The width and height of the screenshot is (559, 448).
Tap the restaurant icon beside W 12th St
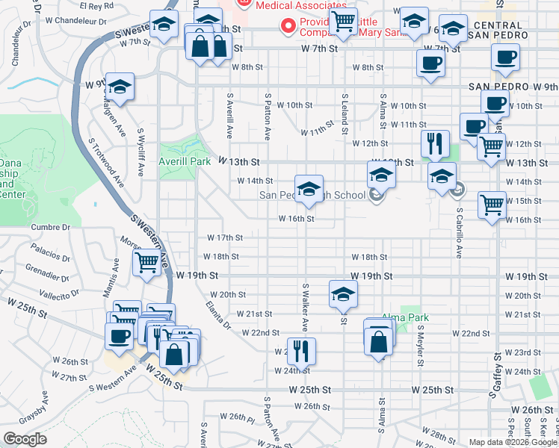[434, 143]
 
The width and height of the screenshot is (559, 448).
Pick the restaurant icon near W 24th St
[301, 350]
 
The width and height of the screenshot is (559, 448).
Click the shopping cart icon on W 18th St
[146, 263]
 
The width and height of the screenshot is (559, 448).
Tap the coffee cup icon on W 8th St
[430, 63]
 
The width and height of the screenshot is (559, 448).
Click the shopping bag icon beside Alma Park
[379, 341]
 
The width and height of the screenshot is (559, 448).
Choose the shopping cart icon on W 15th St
[492, 204]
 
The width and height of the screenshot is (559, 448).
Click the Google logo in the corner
[25, 439]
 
